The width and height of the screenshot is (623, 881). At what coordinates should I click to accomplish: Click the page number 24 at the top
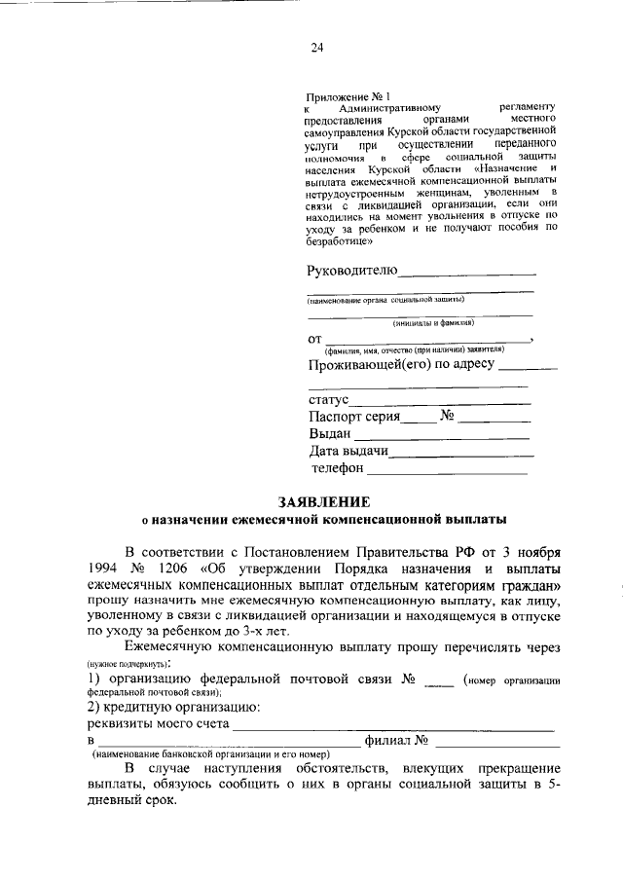(316, 47)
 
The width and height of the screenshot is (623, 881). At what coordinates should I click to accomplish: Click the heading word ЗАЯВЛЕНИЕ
(324, 502)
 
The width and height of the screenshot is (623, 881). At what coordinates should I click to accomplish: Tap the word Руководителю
(352, 270)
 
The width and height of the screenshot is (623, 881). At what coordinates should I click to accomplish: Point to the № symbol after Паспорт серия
(449, 417)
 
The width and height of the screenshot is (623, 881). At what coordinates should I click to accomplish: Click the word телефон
(337, 468)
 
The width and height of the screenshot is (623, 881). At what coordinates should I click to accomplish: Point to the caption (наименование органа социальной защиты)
(385, 300)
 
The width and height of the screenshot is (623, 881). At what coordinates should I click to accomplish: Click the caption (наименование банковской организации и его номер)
(210, 755)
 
